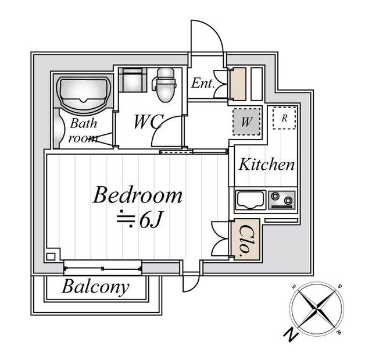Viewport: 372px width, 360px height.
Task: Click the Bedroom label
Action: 138,195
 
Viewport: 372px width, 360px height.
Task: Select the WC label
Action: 149,122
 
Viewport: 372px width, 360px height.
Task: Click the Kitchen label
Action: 266,165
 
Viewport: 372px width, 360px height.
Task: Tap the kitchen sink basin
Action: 251,199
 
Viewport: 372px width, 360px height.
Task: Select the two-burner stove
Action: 282,199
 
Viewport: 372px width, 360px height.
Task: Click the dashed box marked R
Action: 284,118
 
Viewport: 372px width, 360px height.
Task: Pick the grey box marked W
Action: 246,122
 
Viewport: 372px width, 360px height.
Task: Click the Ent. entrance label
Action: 202,84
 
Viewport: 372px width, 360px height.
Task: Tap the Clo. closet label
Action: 245,240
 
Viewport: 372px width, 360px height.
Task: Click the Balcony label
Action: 95,287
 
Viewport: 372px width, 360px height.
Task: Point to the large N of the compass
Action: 291,334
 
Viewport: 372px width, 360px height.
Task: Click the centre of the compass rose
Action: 317,308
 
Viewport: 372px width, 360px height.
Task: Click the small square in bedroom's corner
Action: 51,256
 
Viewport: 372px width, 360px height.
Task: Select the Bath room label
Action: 83,130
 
